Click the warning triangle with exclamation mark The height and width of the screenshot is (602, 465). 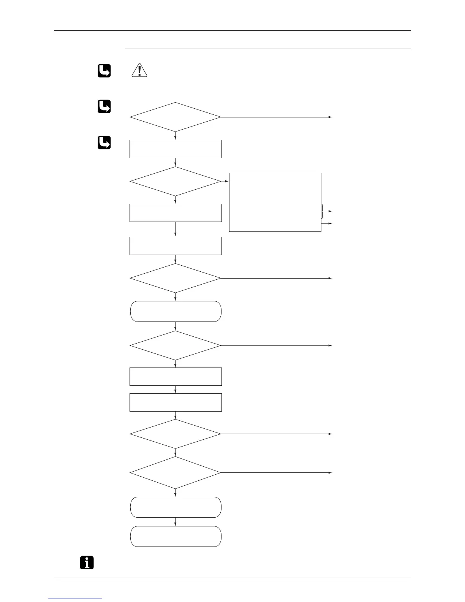point(139,71)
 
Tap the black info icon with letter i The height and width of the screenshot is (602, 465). point(87,562)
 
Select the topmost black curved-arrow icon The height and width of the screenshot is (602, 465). point(104,71)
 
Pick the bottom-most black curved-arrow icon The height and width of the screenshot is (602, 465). point(104,143)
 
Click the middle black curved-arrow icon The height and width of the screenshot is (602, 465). point(104,106)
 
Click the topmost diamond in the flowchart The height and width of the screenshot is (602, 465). point(175,117)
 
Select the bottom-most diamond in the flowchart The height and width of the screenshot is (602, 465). point(175,472)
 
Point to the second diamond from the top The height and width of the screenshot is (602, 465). point(175,181)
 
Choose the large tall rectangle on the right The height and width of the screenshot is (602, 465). point(275,202)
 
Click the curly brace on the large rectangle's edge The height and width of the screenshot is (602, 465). point(323,211)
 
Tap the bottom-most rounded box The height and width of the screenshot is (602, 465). point(176,536)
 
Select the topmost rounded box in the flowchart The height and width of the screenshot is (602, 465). point(176,311)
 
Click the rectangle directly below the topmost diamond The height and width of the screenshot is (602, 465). point(176,149)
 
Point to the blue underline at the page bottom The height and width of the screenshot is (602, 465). point(76,599)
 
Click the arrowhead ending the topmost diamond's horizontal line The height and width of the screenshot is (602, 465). point(330,117)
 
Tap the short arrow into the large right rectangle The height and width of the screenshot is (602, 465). point(225,181)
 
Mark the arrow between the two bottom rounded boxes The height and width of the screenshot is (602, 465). point(175,522)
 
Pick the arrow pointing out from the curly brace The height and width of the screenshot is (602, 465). point(329,211)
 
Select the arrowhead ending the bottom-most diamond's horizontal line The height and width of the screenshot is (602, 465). point(330,472)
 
